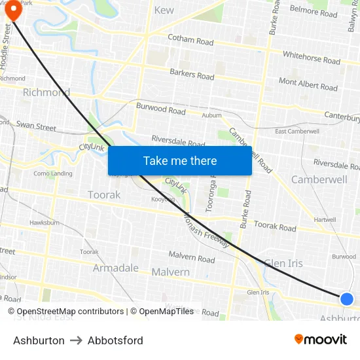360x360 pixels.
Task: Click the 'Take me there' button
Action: (180, 160)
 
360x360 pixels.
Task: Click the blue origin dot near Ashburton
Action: (347, 299)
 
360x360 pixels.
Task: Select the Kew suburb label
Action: (164, 10)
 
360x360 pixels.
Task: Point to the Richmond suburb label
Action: (46, 92)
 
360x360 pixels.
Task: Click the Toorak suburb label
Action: (104, 194)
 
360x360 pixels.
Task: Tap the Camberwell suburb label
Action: (319, 179)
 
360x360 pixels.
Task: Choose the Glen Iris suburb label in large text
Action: (283, 263)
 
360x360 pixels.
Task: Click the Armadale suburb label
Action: (116, 268)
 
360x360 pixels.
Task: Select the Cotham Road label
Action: (190, 40)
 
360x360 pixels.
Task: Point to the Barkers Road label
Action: (192, 75)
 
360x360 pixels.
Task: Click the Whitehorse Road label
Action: (312, 58)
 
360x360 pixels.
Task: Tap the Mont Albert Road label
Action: (308, 84)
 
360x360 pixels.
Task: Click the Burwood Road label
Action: (160, 108)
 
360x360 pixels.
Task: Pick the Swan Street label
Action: (37, 125)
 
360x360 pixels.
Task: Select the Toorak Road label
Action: (275, 226)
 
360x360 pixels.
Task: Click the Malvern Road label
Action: (192, 258)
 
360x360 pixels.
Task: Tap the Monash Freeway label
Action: (207, 230)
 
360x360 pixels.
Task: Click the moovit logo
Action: (321, 339)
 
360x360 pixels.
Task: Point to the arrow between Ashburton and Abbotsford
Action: (76, 340)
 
